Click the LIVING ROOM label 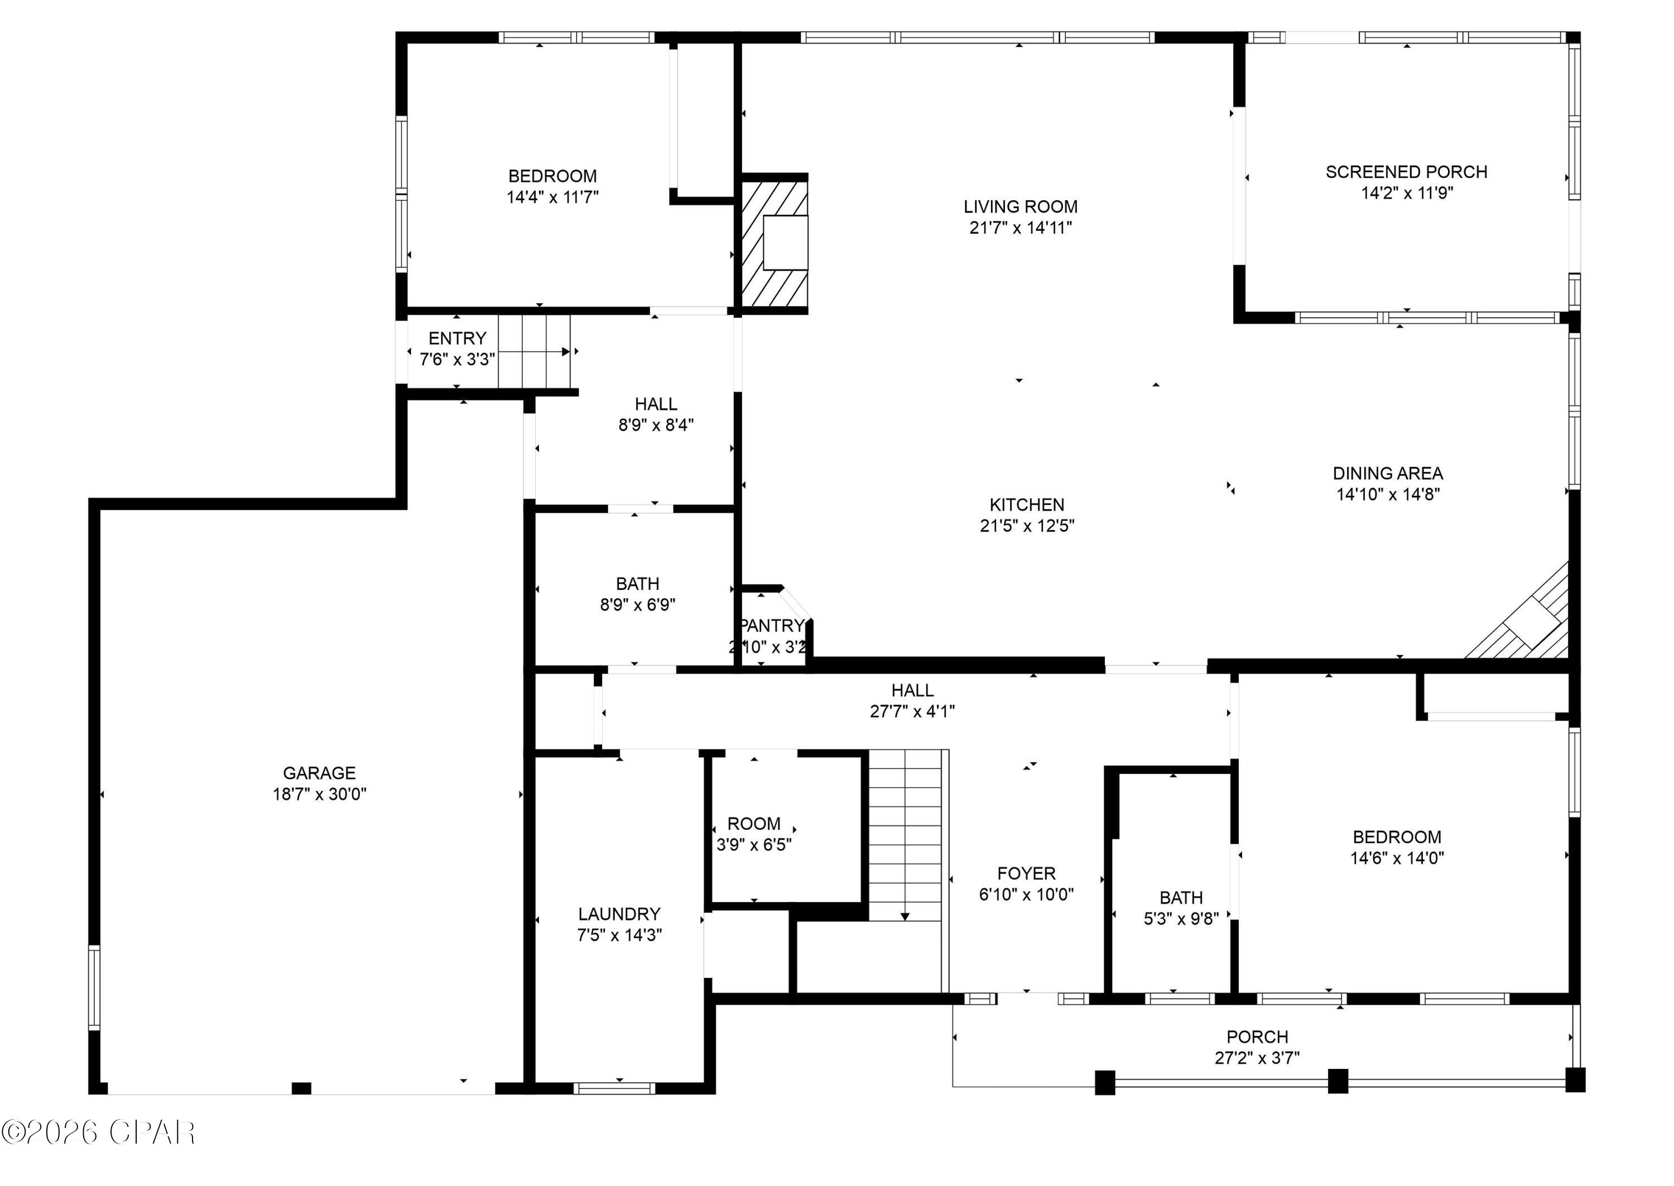pyautogui.click(x=1020, y=207)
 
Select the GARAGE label pyautogui.click(x=319, y=773)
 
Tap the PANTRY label pyautogui.click(x=772, y=626)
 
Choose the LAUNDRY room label pyautogui.click(x=619, y=913)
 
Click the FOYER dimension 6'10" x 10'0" pyautogui.click(x=1026, y=894)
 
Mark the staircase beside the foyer pyautogui.click(x=905, y=835)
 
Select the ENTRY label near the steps pyautogui.click(x=456, y=338)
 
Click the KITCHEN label pyautogui.click(x=1027, y=505)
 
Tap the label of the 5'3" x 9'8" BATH pyautogui.click(x=1181, y=898)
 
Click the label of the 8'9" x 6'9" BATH pyautogui.click(x=637, y=583)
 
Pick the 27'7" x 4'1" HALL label pyautogui.click(x=912, y=690)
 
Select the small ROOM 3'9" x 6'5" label pyautogui.click(x=753, y=824)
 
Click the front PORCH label pyautogui.click(x=1257, y=1037)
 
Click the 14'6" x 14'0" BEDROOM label pyautogui.click(x=1396, y=837)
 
